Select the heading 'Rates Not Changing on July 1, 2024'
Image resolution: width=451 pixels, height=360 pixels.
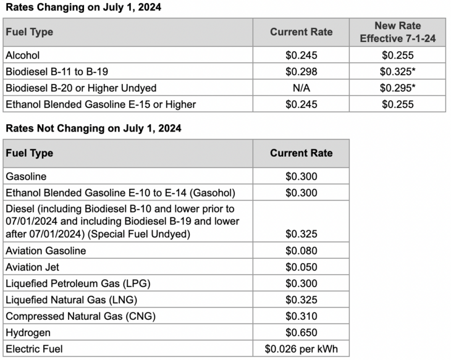(x=93, y=128)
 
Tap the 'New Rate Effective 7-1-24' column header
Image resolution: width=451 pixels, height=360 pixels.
(x=397, y=31)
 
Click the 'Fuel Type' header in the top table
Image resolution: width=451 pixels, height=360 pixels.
(x=29, y=32)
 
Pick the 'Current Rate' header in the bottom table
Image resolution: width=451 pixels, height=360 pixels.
(x=301, y=153)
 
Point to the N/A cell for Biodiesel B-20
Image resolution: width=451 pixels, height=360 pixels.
(x=301, y=88)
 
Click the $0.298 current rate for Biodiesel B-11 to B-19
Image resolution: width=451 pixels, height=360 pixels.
(x=301, y=72)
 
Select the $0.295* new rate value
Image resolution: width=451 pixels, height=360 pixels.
(x=397, y=88)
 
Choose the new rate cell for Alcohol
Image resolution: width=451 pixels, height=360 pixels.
(x=397, y=56)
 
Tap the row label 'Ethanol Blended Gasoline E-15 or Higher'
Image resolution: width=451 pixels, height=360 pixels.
(x=101, y=104)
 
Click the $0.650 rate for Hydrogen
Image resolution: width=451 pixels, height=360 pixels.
(x=301, y=332)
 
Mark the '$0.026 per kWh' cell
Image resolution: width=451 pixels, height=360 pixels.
(x=301, y=349)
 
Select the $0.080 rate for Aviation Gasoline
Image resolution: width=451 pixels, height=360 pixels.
(x=301, y=251)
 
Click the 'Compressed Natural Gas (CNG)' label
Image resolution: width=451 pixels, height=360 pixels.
(x=80, y=316)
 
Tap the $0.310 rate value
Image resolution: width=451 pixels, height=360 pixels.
(x=301, y=316)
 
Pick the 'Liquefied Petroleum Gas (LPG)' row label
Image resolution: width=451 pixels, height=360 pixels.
(x=78, y=283)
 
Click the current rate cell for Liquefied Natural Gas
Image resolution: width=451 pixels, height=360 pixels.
(x=301, y=300)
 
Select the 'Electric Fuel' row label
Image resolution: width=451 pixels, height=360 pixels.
(x=35, y=349)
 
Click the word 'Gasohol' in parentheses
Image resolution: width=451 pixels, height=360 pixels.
(x=213, y=193)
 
